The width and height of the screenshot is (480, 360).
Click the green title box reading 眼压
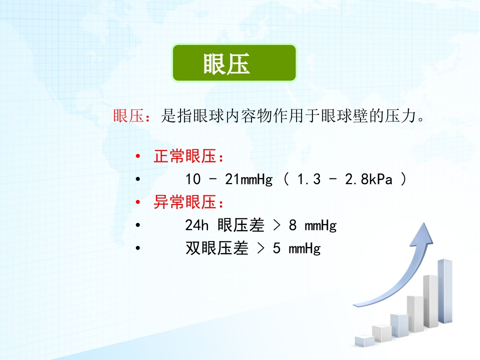pos(234,63)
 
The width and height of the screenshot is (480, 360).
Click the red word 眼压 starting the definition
pos(128,117)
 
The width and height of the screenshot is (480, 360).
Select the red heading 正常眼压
pos(183,157)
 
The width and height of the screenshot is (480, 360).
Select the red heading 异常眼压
pos(183,203)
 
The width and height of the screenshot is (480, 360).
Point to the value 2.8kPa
pos(368,179)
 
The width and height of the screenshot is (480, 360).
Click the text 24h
pos(196,225)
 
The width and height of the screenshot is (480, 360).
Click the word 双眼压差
pos(216,248)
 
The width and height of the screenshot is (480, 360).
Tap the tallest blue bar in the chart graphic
pos(444,290)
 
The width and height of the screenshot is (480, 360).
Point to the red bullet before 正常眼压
pos(138,157)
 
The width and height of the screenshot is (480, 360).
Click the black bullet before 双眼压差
pos(138,248)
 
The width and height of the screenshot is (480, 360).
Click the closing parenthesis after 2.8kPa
pos(403,179)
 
